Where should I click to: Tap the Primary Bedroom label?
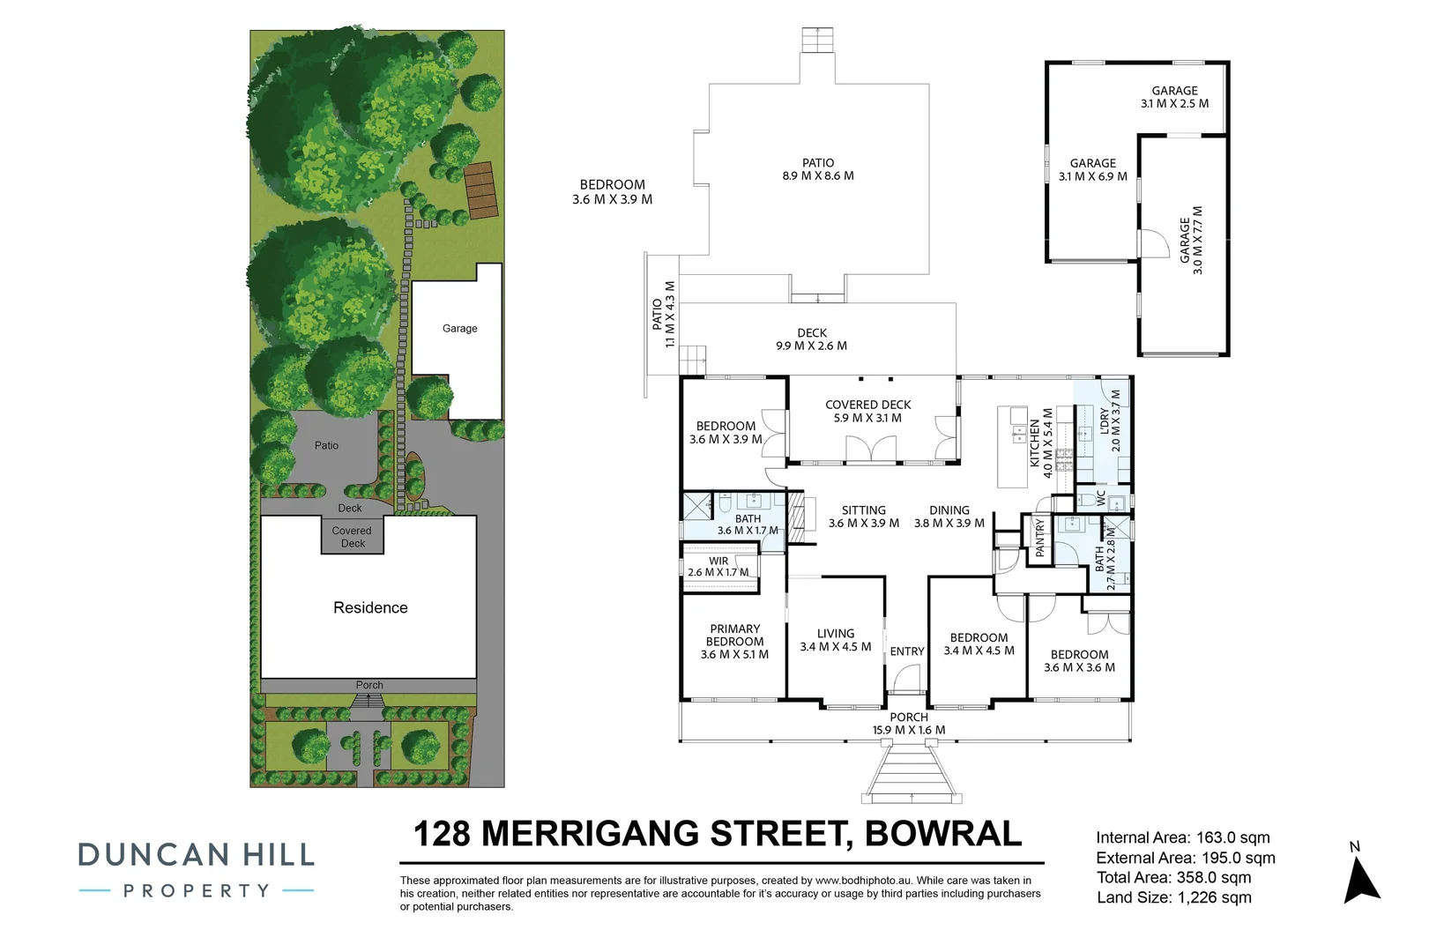(x=734, y=642)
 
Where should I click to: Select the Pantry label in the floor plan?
(x=1039, y=538)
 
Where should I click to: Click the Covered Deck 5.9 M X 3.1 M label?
(x=867, y=412)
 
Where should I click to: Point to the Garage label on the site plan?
(x=459, y=328)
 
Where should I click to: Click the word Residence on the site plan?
(x=370, y=607)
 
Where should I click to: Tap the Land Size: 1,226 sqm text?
(x=1173, y=898)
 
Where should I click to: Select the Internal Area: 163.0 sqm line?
(x=1182, y=838)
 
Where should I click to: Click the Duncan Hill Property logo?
(x=196, y=869)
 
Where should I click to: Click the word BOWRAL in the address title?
(x=943, y=834)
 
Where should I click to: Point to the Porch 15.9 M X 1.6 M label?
(x=908, y=724)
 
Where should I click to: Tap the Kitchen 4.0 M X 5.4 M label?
(x=1041, y=443)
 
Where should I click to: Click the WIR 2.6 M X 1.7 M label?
(x=718, y=567)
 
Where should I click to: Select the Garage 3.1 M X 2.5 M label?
(x=1174, y=97)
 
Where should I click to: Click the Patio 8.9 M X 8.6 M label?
(x=817, y=169)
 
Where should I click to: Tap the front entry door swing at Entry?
(x=904, y=680)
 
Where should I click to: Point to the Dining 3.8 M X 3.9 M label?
(x=949, y=517)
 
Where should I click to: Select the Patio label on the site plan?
(x=326, y=445)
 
